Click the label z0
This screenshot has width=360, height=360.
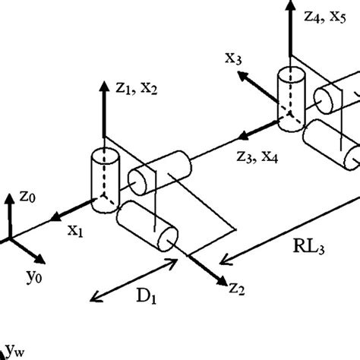(27, 196)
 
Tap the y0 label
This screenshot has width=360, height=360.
(33, 272)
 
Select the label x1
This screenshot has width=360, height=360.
(74, 230)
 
